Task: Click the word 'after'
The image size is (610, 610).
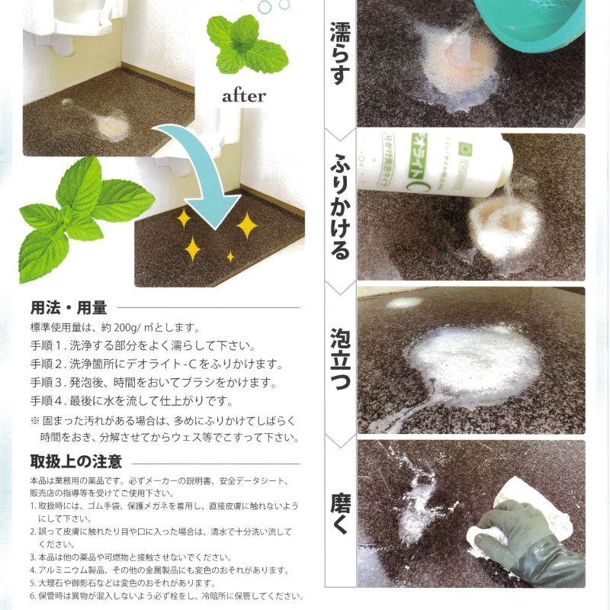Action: pos(244,96)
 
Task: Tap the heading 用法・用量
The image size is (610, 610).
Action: pos(69,308)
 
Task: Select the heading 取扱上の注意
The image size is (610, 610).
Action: pos(76,461)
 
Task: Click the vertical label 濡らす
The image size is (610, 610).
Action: pos(340,53)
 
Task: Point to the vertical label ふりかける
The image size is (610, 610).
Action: pos(340,207)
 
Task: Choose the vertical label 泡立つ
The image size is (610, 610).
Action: pos(340,358)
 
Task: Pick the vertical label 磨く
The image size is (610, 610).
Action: pos(340,514)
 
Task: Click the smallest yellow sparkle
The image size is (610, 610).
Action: pos(230,256)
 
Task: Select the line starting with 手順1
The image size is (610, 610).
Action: pos(143,345)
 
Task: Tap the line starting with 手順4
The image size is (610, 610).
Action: pos(131,401)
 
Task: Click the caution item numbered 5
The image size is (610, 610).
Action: pos(123,583)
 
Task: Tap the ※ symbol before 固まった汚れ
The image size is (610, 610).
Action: pos(35,421)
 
